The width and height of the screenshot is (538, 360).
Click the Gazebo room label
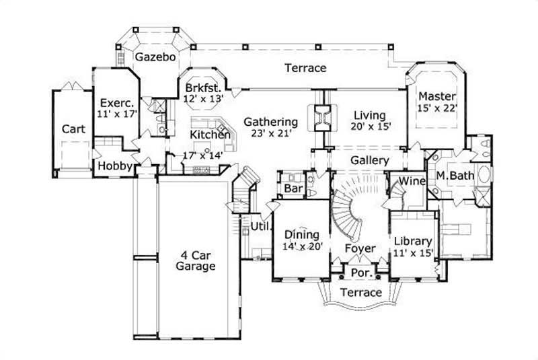point(155,57)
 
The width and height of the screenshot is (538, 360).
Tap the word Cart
point(73,129)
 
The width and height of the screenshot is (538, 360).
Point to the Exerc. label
point(118,103)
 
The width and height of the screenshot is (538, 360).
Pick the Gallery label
point(370,161)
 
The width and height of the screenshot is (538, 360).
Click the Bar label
point(293,188)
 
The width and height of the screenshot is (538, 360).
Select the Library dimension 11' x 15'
point(413,253)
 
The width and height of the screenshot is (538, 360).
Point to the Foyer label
point(360,248)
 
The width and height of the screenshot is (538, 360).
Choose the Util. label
point(261,225)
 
